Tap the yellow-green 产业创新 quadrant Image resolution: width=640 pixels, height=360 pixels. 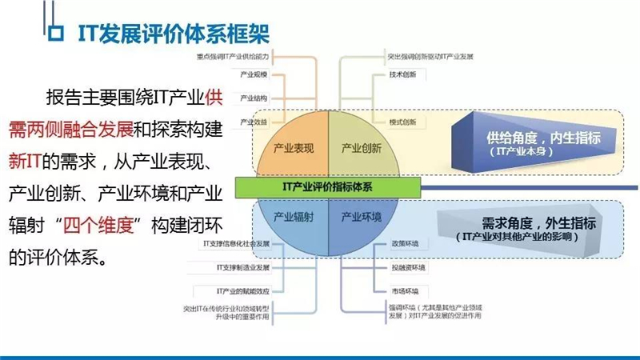click(x=361, y=147)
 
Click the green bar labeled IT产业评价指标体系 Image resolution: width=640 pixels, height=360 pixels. click(x=327, y=186)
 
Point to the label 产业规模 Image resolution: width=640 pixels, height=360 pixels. click(x=253, y=76)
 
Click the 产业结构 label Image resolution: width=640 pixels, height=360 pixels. click(x=253, y=99)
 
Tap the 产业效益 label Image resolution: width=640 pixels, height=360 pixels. click(x=253, y=122)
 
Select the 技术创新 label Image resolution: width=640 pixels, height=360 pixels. click(x=402, y=76)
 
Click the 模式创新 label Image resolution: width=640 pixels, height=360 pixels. click(x=402, y=122)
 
